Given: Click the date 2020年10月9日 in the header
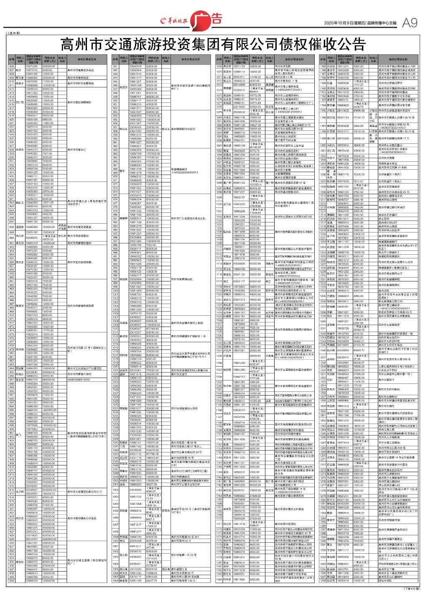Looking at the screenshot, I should pos(340,23).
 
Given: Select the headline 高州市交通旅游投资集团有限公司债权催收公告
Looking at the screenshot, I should pos(214,43).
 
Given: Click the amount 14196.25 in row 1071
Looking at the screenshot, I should pos(255,77).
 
